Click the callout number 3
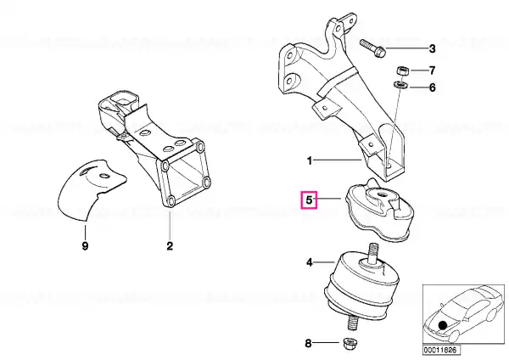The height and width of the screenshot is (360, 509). [x=432, y=48]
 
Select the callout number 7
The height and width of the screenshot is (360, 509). [x=432, y=70]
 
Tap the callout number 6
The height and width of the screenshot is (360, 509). [x=432, y=87]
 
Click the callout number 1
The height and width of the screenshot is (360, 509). [x=310, y=160]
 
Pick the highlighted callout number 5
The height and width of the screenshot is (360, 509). [x=309, y=200]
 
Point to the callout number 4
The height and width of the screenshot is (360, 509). [x=310, y=262]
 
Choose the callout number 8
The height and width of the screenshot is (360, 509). [x=309, y=343]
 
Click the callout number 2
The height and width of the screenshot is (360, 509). [x=170, y=246]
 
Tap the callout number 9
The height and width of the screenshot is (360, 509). [x=85, y=246]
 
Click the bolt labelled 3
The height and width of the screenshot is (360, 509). [x=372, y=48]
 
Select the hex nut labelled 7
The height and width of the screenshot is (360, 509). [x=402, y=70]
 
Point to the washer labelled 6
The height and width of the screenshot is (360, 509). [x=401, y=85]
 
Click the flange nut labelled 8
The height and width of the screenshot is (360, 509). [x=350, y=343]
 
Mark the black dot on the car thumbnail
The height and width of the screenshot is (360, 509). [x=442, y=325]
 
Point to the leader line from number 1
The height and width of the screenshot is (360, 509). [x=338, y=160]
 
